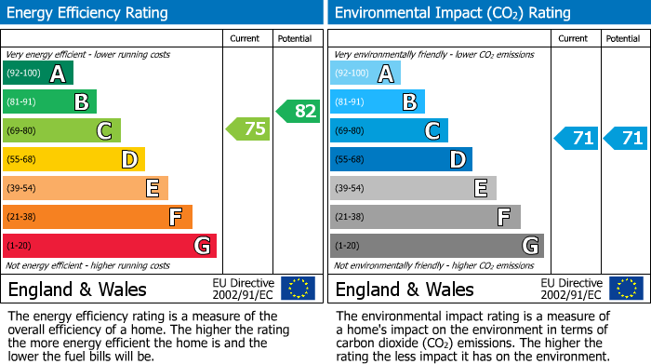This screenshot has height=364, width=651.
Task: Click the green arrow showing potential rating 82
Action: pyautogui.click(x=299, y=111)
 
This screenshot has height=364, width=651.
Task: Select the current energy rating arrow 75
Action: pyautogui.click(x=249, y=129)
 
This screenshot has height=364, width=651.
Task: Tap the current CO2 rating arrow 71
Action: pyautogui.click(x=577, y=139)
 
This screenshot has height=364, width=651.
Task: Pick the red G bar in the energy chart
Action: pyautogui.click(x=110, y=246)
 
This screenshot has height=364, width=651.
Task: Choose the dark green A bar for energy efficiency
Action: pyautogui.click(x=38, y=74)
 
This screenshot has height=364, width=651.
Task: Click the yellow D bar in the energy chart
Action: pyautogui.click(x=73, y=159)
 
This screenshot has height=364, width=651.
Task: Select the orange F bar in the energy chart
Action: pyautogui.click(x=98, y=217)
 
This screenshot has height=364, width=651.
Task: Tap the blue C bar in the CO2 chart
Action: pyautogui.click(x=389, y=131)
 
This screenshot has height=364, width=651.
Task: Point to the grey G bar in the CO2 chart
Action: pyautogui.click(x=436, y=246)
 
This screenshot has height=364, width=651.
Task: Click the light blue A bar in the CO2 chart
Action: pyautogui.click(x=365, y=74)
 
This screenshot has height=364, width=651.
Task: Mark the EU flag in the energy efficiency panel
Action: pyautogui.click(x=298, y=289)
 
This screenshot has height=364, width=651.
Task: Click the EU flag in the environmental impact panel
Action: pyautogui.click(x=625, y=289)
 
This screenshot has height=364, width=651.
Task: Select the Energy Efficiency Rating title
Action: pyautogui.click(x=88, y=13)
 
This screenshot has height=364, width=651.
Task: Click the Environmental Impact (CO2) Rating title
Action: pyautogui.click(x=452, y=13)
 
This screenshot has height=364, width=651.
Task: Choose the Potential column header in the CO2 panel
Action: pyautogui.click(x=622, y=38)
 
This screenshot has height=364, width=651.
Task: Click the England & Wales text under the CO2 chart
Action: pyautogui.click(x=405, y=290)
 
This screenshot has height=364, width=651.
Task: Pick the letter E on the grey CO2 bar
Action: pyautogui.click(x=481, y=188)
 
